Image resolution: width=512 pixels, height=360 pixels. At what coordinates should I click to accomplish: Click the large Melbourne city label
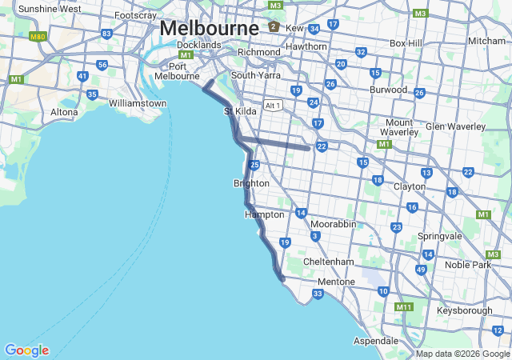click(x=209, y=27)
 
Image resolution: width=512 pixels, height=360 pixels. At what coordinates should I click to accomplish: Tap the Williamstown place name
click(x=138, y=103)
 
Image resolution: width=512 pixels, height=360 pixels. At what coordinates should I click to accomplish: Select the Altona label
click(x=64, y=112)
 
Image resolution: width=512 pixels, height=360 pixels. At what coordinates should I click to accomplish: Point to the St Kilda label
click(x=240, y=111)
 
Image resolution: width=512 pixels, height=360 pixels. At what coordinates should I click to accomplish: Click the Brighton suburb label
click(x=251, y=183)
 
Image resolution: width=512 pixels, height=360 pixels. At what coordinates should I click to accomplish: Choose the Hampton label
click(x=264, y=214)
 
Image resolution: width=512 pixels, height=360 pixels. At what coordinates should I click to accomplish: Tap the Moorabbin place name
click(x=333, y=224)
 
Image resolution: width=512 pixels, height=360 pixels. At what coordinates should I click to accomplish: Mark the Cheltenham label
click(x=329, y=262)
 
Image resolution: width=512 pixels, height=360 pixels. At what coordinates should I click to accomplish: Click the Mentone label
click(x=336, y=282)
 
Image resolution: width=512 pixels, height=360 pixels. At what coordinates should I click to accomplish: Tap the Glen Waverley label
click(x=456, y=126)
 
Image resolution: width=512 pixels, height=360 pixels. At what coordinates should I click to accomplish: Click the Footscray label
click(x=135, y=15)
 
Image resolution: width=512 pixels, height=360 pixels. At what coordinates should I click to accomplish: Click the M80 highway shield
click(x=38, y=37)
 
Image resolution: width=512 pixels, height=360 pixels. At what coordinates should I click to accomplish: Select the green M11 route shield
click(x=404, y=306)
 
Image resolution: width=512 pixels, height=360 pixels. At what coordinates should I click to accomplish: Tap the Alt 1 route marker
click(x=274, y=105)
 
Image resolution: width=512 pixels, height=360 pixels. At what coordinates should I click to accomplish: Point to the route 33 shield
click(x=318, y=294)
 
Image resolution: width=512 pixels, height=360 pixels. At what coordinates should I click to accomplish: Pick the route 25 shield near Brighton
click(x=254, y=165)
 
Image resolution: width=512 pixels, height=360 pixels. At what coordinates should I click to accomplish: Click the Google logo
click(x=26, y=350)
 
